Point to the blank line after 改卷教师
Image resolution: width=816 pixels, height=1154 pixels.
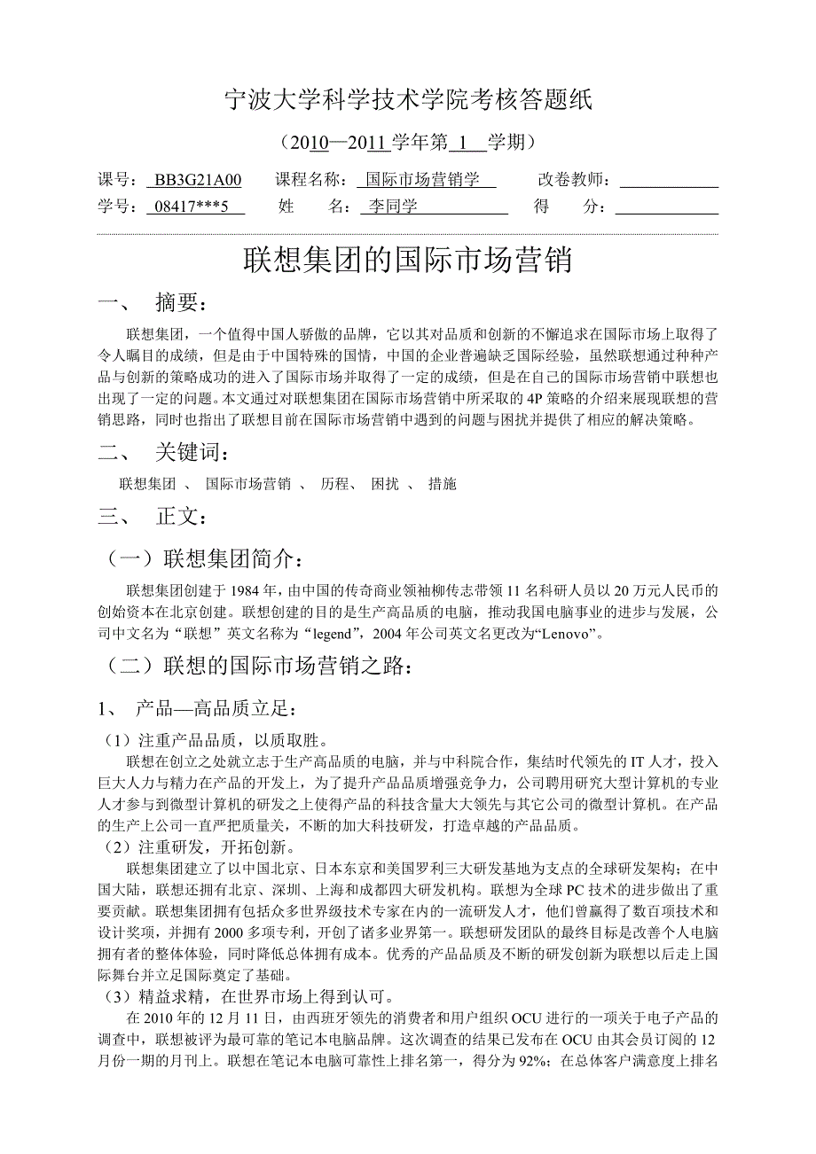(x=668, y=181)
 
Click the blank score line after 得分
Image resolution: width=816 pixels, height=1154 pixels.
(x=666, y=208)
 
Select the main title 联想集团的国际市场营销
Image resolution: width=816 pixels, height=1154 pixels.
(x=408, y=261)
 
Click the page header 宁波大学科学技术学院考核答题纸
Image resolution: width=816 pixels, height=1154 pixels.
(x=408, y=101)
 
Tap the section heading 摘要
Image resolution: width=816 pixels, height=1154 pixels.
(x=183, y=304)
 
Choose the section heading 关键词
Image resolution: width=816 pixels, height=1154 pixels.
(x=192, y=454)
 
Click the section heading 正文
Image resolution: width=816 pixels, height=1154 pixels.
(x=183, y=516)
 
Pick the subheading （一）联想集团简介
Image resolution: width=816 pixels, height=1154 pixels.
(x=209, y=559)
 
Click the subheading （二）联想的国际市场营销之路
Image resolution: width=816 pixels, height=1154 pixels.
(x=258, y=666)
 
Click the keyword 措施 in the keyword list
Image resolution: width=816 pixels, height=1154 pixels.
(x=442, y=484)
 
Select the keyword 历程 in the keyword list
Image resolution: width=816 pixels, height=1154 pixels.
(x=335, y=484)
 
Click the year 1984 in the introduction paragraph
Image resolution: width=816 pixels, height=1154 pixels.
(x=247, y=590)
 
